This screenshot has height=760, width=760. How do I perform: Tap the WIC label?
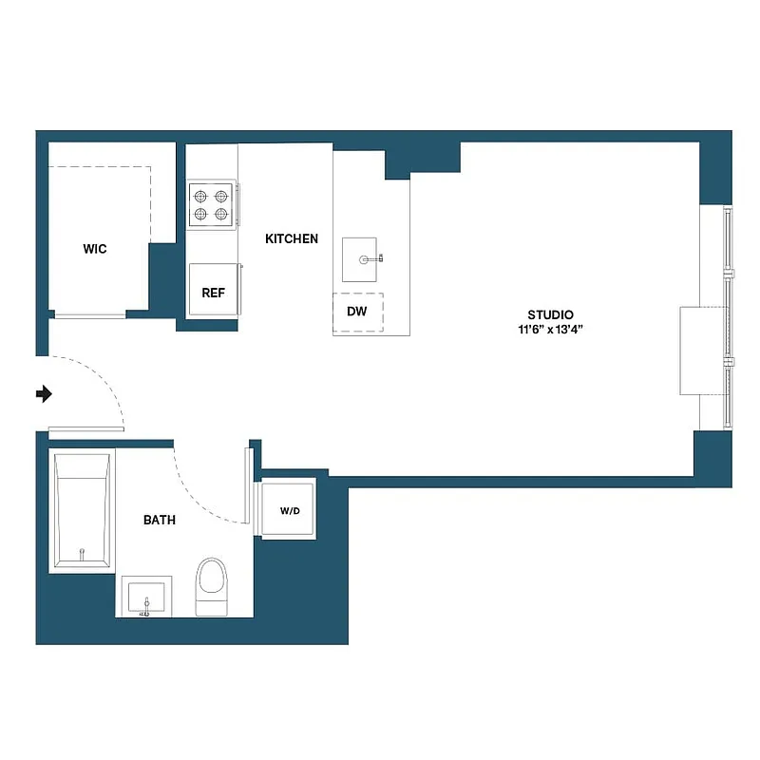click(95, 250)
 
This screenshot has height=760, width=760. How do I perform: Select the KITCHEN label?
click(292, 239)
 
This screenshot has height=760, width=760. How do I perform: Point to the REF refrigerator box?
click(214, 293)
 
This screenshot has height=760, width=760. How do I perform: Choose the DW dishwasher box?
click(357, 312)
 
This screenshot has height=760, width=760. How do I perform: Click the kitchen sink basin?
click(360, 259)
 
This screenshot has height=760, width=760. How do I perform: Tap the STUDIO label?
click(551, 315)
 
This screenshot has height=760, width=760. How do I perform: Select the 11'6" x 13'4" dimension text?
click(551, 331)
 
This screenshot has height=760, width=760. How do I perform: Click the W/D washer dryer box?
click(290, 511)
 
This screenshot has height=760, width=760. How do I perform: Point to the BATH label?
click(160, 520)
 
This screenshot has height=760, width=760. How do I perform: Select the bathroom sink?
click(146, 596)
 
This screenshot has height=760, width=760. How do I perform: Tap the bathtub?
click(83, 511)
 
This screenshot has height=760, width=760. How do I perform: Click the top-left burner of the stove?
click(201, 197)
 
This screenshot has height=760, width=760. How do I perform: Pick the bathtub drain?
click(83, 553)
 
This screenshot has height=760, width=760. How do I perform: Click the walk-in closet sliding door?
click(90, 314)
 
